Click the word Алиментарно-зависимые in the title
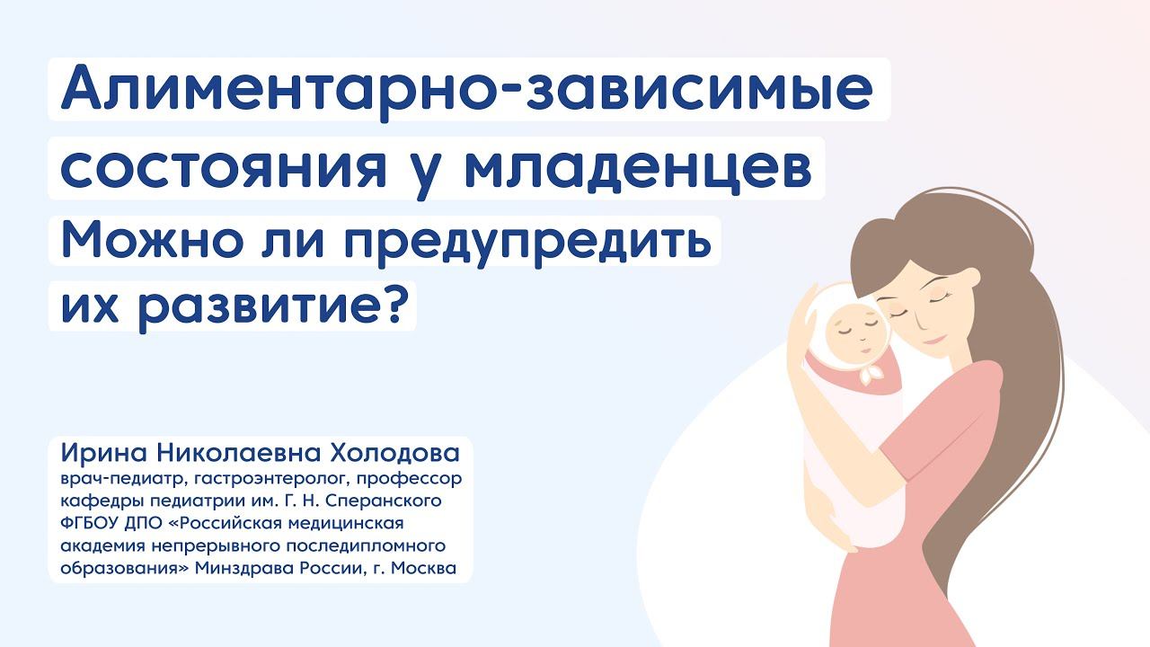[467, 90]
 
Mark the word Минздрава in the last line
[299, 568]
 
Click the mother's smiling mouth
[934, 339]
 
